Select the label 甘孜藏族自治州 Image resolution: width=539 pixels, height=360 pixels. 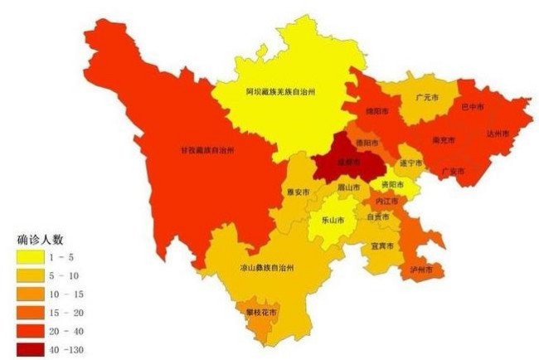[x=207, y=150]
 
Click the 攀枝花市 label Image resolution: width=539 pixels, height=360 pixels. [x=261, y=311]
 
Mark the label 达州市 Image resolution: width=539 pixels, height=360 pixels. [x=497, y=132]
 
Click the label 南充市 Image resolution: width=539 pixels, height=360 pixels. [x=444, y=140]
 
